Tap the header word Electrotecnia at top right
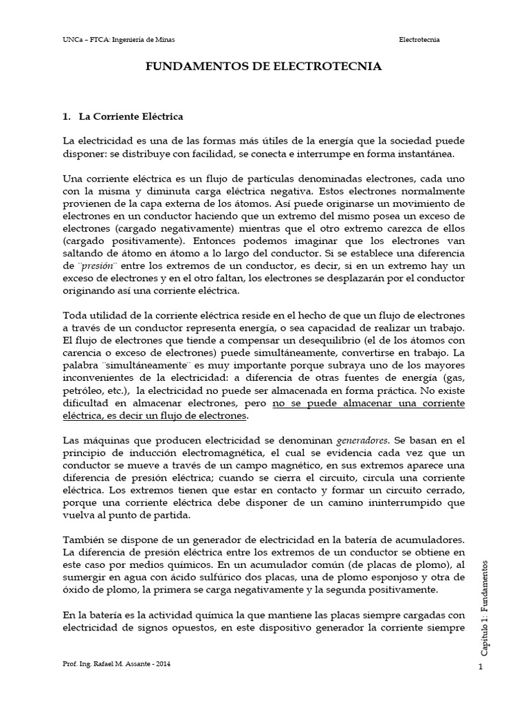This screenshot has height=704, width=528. (x=419, y=40)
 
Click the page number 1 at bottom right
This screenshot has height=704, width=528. (x=480, y=668)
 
